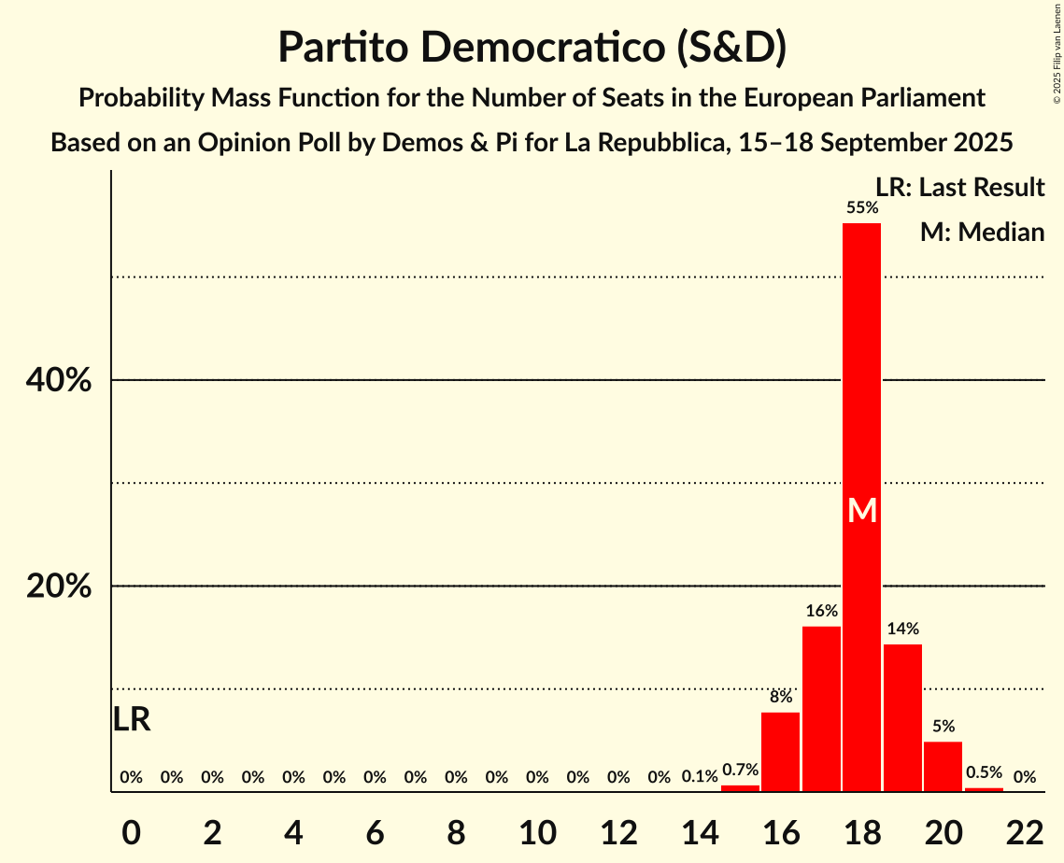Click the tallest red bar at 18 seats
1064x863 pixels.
pos(861,374)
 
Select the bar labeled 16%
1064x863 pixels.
pos(821,710)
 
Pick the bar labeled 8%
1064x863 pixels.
pos(780,752)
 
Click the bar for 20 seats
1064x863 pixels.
pos(943,767)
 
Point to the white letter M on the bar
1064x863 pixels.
pos(862,511)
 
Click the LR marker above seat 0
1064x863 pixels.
pos(132,719)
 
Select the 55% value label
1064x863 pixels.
pos(861,207)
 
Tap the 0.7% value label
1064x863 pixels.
pos(740,771)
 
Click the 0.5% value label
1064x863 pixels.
pos(984,772)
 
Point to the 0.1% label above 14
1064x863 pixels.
pos(700,776)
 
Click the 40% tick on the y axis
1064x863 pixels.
pos(58,381)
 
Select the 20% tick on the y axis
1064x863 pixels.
pos(58,587)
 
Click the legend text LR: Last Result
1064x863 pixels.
pos(959,188)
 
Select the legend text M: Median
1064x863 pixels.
pos(982,232)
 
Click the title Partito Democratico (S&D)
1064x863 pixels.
pos(532,48)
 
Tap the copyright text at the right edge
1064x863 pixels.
pos(1057,56)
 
